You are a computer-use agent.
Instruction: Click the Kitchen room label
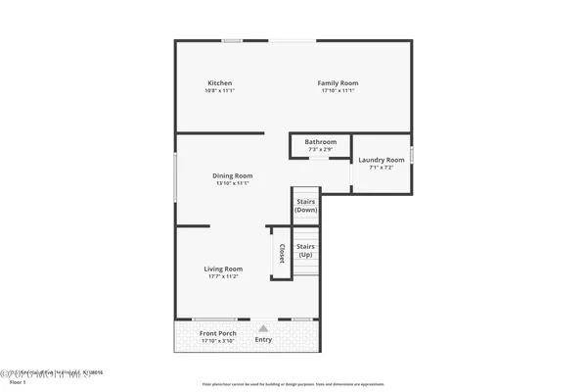[220, 82]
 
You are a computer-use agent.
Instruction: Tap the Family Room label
[338, 82]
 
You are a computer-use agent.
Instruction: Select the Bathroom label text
[320, 142]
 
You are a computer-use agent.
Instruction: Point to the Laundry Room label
[382, 160]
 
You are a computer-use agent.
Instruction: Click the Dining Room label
[233, 175]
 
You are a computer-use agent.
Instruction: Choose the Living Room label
[223, 269]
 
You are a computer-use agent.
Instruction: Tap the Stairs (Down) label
[306, 206]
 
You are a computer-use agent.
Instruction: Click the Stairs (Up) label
[306, 250]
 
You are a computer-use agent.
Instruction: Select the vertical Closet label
[282, 254]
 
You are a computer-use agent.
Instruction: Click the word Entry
[264, 340]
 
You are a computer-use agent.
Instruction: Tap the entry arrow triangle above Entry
[262, 328]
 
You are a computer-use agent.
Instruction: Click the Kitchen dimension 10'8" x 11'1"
[220, 90]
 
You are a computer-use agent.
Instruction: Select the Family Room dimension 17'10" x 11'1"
[338, 90]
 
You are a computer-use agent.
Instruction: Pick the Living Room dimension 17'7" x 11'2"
[223, 276]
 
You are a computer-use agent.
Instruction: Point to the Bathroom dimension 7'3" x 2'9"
[320, 149]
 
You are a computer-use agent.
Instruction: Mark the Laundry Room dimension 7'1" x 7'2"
[382, 168]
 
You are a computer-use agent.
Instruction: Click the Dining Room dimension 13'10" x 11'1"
[233, 183]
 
